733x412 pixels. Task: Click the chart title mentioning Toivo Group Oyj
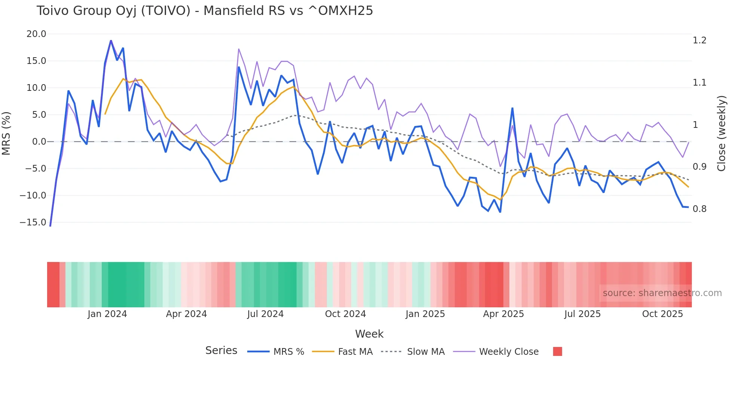point(205,11)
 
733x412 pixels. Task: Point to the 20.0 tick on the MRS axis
point(36,34)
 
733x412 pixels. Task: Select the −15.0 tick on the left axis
point(33,222)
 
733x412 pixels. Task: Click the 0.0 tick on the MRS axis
point(39,142)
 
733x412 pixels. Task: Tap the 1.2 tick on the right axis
point(699,40)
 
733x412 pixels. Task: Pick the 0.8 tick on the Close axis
point(699,209)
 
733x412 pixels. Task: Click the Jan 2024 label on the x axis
point(107,314)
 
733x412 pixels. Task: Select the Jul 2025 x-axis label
point(582,314)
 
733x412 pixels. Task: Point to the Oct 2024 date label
point(345,314)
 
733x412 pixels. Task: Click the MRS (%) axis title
point(6,133)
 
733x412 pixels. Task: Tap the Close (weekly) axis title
point(721,133)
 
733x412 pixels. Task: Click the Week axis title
point(369,334)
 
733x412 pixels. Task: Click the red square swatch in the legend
point(557,351)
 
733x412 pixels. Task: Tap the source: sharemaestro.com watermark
point(662,293)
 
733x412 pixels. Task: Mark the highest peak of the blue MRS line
point(111,41)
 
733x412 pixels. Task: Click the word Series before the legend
point(221,351)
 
